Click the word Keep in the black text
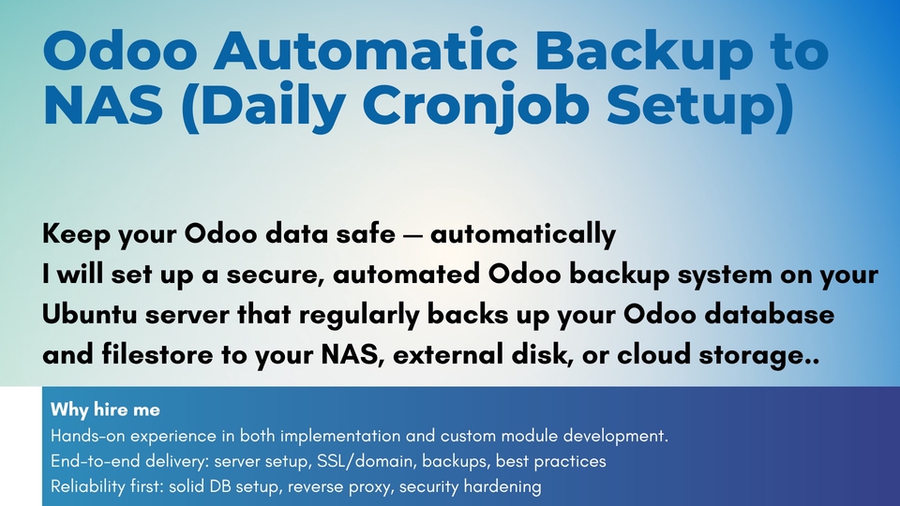point(76,234)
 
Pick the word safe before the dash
point(361,233)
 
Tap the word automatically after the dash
point(523,234)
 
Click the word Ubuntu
point(90,315)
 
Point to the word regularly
point(359,315)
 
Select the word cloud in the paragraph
point(653,354)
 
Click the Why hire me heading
point(105,409)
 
